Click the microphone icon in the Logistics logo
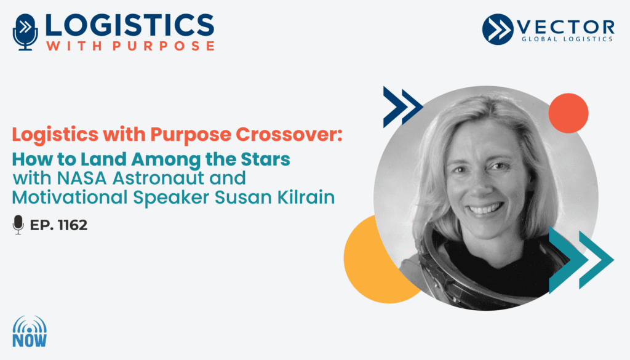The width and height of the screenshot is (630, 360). pyautogui.click(x=25, y=32)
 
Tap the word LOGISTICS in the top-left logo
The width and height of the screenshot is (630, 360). pyautogui.click(x=130, y=26)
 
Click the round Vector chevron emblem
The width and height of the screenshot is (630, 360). pyautogui.click(x=498, y=29)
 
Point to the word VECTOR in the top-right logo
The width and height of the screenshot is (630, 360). pyautogui.click(x=565, y=27)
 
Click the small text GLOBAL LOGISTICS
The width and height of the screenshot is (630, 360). pyautogui.click(x=567, y=39)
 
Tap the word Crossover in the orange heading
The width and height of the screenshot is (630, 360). pyautogui.click(x=289, y=134)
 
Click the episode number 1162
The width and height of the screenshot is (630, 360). pyautogui.click(x=73, y=225)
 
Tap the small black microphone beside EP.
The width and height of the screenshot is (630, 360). pyautogui.click(x=18, y=225)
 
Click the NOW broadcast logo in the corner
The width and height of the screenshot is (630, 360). pyautogui.click(x=30, y=332)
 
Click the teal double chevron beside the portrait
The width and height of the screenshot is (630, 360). pyautogui.click(x=581, y=260)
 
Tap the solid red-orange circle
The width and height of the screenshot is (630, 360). pyautogui.click(x=568, y=113)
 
